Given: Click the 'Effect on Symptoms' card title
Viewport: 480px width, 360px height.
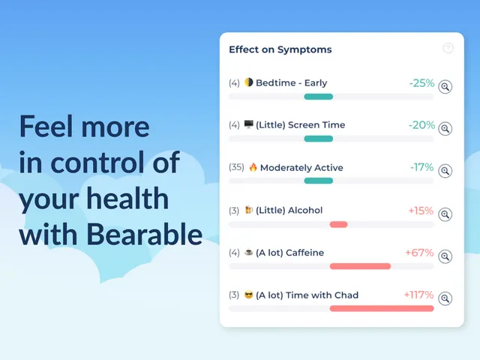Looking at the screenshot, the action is [x=280, y=49].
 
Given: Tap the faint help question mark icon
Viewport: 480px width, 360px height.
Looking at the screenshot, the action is [x=448, y=48].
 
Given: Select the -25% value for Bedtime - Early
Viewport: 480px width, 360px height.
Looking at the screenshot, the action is [x=421, y=83].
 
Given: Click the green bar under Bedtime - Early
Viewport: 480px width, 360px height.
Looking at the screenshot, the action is [x=318, y=97].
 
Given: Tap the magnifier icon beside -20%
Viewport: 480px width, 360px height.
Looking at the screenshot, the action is [x=445, y=128].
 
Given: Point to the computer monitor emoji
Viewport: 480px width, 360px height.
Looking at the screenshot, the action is [x=248, y=124].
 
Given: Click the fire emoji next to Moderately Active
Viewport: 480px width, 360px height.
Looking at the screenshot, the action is [x=253, y=167].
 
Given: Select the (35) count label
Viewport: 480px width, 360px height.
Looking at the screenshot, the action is [x=236, y=167].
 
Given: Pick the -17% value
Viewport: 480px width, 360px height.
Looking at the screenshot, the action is [x=421, y=167].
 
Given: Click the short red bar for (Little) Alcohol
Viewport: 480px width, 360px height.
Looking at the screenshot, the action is [x=338, y=224].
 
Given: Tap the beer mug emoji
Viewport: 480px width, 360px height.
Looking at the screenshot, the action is [x=248, y=210].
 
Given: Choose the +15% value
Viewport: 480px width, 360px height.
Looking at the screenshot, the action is [x=421, y=211].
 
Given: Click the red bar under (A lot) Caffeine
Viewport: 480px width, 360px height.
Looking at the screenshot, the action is [x=360, y=266].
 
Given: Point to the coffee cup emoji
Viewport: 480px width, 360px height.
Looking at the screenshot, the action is [x=248, y=252].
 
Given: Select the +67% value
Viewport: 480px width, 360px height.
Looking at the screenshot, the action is [x=419, y=253].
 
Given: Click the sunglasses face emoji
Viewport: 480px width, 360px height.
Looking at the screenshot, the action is [x=248, y=295].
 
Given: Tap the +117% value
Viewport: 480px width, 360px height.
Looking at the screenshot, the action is [x=418, y=295].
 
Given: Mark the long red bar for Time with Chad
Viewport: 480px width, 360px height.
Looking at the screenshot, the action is [x=382, y=308].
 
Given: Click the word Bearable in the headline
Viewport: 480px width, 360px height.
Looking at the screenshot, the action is [x=144, y=234].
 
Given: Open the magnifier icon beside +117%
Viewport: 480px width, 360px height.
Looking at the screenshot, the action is [x=445, y=298].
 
